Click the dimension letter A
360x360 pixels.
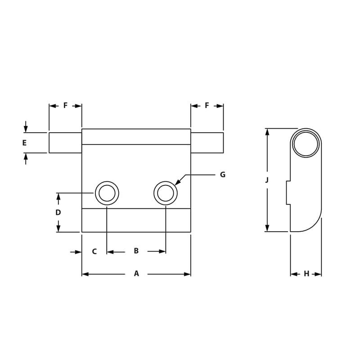(136, 274)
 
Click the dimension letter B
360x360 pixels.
(136, 251)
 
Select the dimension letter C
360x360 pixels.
(94, 252)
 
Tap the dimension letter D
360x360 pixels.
(58, 212)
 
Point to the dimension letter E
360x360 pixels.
(24, 143)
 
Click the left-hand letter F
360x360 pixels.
(65, 105)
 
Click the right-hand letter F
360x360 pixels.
(207, 105)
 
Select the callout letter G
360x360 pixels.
(222, 175)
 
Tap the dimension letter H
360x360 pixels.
(306, 274)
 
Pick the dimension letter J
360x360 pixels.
(267, 180)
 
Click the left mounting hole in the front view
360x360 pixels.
(107, 193)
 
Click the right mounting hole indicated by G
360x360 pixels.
(166, 193)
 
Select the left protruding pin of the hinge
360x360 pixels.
(65, 143)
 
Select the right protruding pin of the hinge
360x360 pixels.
(207, 143)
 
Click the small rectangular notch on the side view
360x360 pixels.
(288, 193)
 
